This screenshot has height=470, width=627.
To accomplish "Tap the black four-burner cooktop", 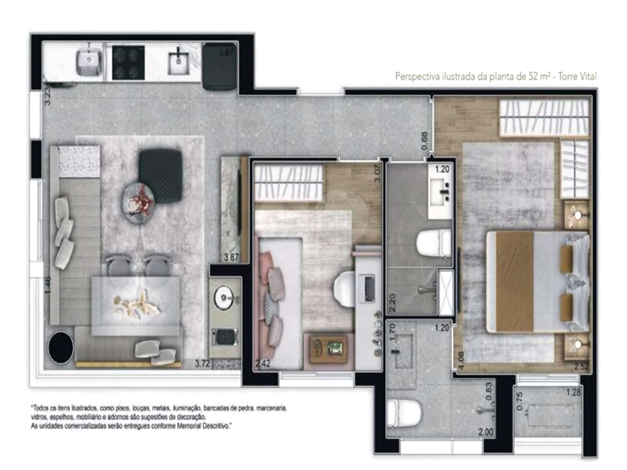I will [128, 64].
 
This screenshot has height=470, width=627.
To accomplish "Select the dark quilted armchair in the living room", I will [160, 176].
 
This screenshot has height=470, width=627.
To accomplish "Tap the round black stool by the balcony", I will [61, 348].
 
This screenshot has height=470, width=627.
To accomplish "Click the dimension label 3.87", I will [231, 258].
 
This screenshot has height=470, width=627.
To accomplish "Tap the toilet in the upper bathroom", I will [434, 244].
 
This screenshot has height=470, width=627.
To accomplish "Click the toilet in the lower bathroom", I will [405, 413].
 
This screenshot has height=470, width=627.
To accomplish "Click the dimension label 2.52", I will [581, 367].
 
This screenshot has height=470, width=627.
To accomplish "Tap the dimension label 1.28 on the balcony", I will [573, 392].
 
